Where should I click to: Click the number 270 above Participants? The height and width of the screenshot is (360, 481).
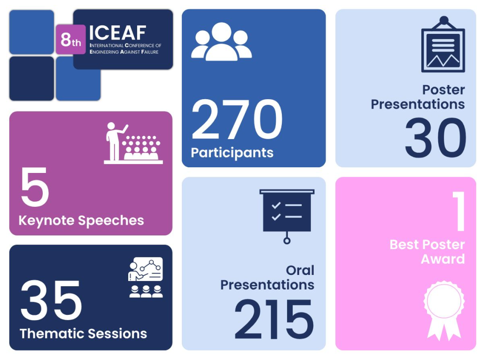click(237, 119)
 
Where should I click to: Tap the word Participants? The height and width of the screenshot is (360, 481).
click(232, 153)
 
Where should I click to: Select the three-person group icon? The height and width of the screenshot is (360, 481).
click(222, 41)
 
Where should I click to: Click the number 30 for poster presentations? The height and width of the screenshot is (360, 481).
click(435, 138)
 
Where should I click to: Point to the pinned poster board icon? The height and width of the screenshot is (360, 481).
click(443, 44)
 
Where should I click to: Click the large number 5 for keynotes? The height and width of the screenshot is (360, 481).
click(35, 187)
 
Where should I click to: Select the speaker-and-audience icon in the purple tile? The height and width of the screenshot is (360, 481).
click(133, 143)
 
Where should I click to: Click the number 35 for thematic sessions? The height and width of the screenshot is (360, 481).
click(51, 300)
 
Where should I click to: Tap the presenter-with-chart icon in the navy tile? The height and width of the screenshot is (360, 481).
click(146, 277)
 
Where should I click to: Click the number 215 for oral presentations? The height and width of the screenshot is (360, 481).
click(274, 319)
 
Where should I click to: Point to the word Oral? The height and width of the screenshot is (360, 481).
click(300, 270)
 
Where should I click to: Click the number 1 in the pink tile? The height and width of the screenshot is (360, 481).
click(459, 211)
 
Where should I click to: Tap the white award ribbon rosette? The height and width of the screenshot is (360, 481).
click(444, 310)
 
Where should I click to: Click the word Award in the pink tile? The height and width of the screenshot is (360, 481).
click(442, 259)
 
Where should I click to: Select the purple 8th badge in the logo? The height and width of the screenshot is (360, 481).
click(70, 39)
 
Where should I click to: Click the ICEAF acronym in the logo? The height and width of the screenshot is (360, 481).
click(118, 33)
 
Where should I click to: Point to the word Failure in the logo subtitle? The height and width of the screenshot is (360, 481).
click(150, 52)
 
